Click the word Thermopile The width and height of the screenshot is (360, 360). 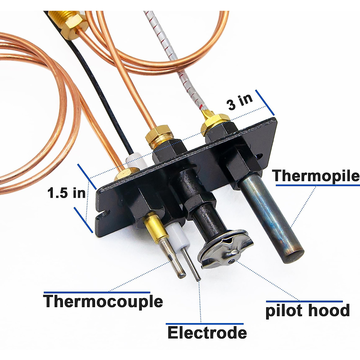point(316,175)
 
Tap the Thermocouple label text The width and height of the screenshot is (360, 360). point(103,301)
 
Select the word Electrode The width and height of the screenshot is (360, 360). point(207,333)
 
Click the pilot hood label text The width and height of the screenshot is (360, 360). point(307,310)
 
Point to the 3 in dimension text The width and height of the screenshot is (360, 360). point(240,102)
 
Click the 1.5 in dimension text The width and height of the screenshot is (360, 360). point(66,193)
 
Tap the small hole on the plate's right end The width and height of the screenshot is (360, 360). point(260,156)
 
